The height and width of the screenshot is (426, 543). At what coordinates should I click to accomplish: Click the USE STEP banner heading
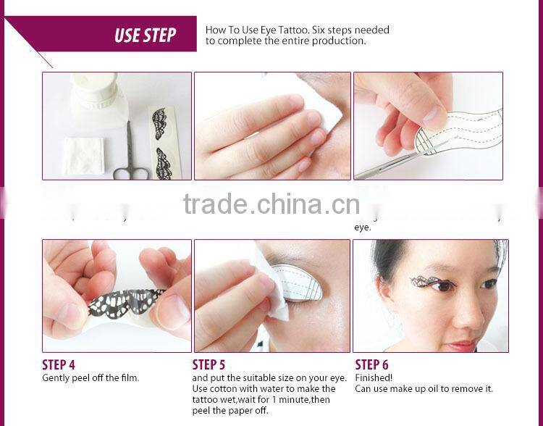145,35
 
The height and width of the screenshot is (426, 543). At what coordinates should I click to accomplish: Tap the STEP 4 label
59,364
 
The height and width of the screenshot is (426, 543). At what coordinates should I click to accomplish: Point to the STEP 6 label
371,364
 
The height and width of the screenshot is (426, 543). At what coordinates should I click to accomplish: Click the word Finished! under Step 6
374,378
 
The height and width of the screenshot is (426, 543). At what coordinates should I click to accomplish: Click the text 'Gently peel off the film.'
90,377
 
